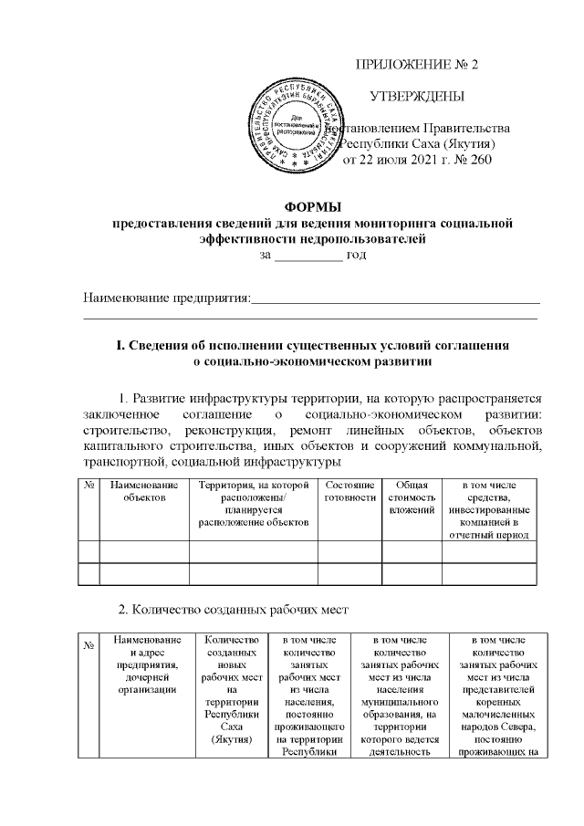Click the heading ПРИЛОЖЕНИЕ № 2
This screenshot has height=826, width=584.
coord(421,65)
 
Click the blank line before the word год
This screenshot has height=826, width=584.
coord(308,256)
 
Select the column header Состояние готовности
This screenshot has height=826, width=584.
coord(349,490)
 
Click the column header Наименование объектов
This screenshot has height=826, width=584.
coord(143,490)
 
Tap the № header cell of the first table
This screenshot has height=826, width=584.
coord(89,485)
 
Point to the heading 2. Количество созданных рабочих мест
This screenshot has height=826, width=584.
coord(224,608)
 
